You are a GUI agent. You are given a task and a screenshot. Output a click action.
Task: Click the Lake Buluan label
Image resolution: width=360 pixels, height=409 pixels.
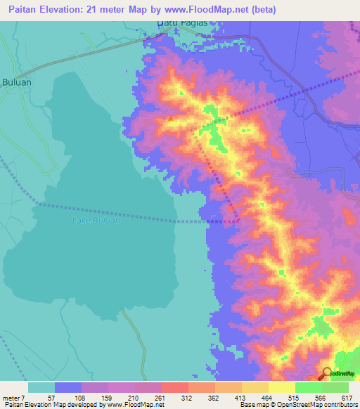(x=96, y=221)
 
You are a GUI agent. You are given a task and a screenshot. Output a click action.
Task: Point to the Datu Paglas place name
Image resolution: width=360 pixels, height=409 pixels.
(x=182, y=23)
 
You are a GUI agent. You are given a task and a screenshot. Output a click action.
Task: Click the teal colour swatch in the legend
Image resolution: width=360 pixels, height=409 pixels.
(x=41, y=387)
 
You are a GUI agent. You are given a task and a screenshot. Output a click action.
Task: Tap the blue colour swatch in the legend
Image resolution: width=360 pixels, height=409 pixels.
(x=68, y=387)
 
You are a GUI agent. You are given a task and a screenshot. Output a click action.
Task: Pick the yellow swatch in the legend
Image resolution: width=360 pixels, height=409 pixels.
(x=281, y=387)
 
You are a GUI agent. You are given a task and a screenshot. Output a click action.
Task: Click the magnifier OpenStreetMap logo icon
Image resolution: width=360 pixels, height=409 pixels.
(x=327, y=373)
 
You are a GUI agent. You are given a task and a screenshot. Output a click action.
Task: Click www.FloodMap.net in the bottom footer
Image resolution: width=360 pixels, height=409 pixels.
(x=134, y=405)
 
